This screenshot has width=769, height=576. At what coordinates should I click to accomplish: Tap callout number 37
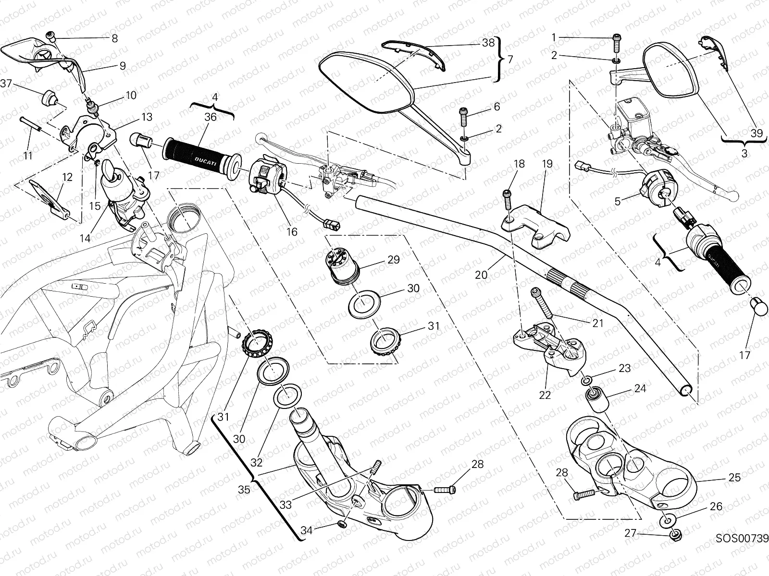point(6,84)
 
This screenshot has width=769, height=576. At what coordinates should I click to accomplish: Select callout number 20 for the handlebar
point(481,275)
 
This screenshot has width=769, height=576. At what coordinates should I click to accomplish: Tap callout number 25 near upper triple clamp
point(734,478)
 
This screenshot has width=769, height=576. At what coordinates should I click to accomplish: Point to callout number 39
point(756,133)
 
